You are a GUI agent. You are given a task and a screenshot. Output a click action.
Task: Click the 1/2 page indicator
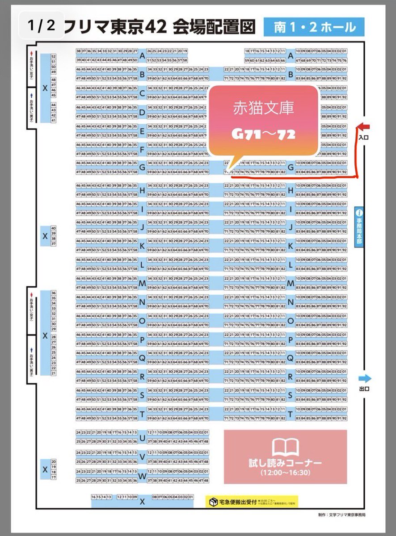click(41, 25)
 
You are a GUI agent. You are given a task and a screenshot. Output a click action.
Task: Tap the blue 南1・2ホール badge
click(314, 27)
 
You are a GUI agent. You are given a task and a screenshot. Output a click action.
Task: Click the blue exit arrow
click(364, 379)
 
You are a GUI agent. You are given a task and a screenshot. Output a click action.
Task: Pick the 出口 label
click(364, 389)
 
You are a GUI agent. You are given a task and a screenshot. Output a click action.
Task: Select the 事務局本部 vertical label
click(359, 233)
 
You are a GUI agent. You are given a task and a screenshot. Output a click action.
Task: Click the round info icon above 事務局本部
click(359, 213)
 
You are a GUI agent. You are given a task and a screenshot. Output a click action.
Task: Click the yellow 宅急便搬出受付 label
click(237, 502)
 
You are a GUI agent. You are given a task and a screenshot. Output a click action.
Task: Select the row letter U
click(143, 438)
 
